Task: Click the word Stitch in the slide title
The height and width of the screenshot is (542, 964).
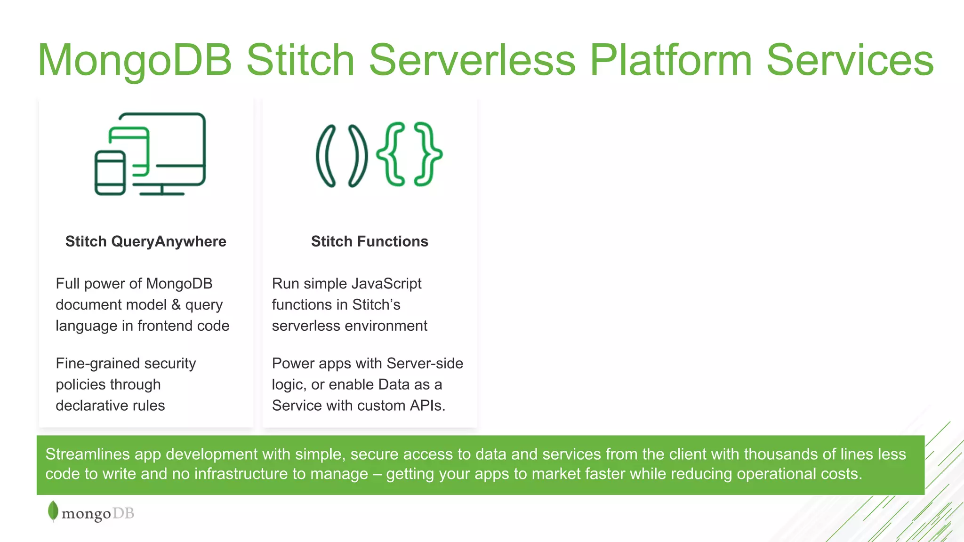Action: [x=300, y=60]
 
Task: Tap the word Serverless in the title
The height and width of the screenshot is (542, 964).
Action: [x=472, y=60]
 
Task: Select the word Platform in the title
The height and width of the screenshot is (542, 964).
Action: [x=671, y=60]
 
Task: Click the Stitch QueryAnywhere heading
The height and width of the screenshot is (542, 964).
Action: [x=146, y=241]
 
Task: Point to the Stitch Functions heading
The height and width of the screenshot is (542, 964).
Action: [x=370, y=241]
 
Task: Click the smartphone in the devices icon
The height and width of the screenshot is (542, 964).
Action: [x=110, y=173]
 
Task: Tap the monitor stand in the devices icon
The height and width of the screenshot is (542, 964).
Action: [x=161, y=190]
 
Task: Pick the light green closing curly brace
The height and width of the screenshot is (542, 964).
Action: [x=427, y=154]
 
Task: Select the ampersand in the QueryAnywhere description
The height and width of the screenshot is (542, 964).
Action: [x=176, y=304]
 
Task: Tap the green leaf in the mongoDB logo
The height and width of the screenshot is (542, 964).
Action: [x=53, y=511]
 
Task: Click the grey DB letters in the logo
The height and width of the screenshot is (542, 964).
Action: [x=123, y=513]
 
